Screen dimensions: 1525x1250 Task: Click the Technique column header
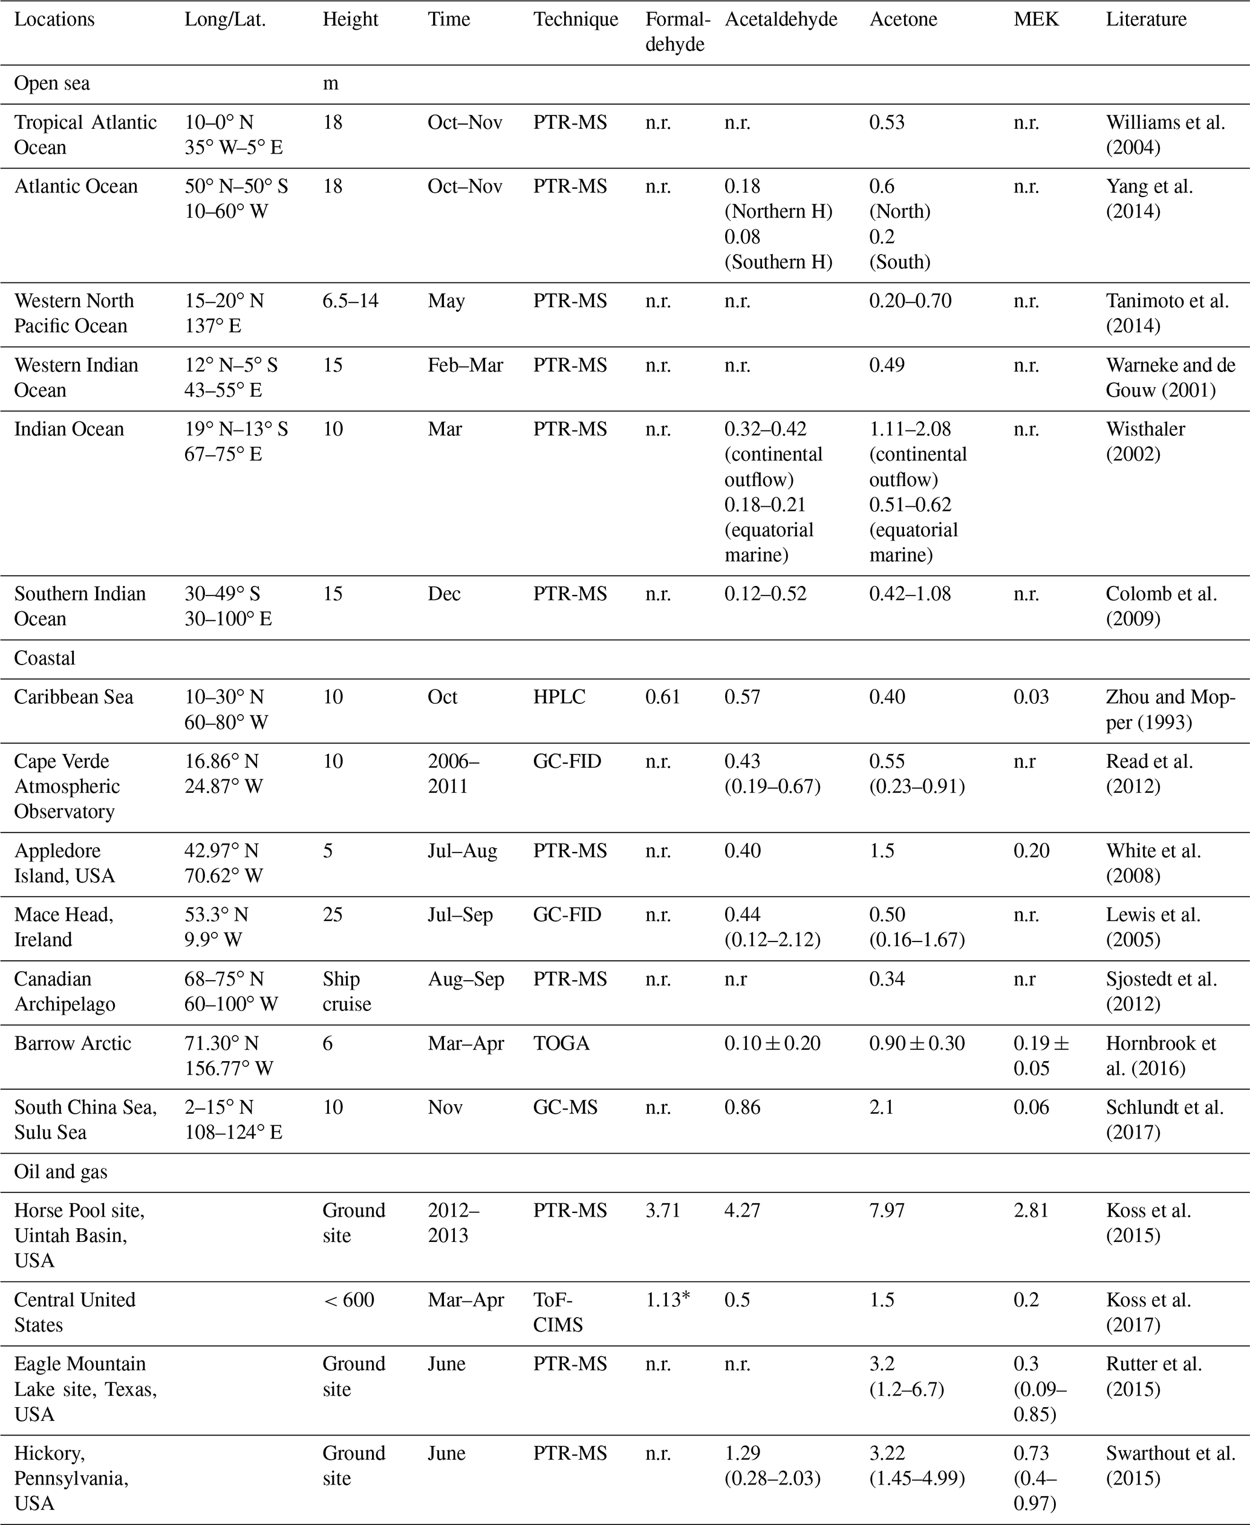[x=575, y=19]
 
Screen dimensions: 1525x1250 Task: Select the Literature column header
[x=1147, y=19]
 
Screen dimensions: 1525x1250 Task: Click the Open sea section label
[x=52, y=83]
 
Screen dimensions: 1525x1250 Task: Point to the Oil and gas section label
[x=60, y=1172]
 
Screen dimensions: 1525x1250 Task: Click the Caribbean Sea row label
[x=73, y=697]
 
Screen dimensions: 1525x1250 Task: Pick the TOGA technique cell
[x=561, y=1043]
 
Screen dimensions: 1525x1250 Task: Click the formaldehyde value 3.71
[x=662, y=1211]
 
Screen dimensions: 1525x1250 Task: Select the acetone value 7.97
[x=887, y=1211]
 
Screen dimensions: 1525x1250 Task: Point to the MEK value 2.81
[x=1031, y=1211]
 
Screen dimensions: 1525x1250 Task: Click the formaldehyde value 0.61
[x=662, y=697]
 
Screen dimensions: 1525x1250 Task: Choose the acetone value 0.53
[x=887, y=122]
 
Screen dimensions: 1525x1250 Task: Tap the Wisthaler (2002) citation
[x=1145, y=441]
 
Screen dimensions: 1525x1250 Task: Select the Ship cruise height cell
[x=347, y=992]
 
